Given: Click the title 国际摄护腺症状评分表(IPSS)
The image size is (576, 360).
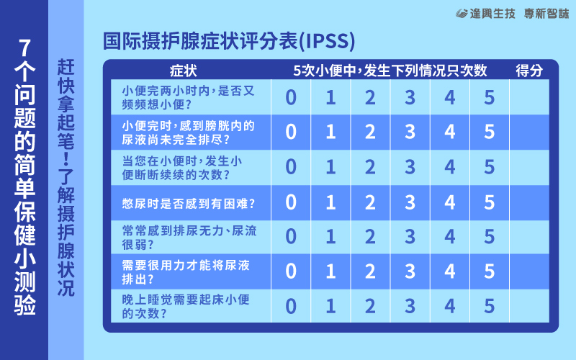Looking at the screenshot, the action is click(x=229, y=41).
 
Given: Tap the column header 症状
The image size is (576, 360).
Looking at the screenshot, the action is click(x=184, y=71).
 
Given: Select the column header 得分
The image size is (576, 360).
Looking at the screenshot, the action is click(x=529, y=70).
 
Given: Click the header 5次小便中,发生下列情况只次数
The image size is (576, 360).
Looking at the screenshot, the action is click(x=390, y=70).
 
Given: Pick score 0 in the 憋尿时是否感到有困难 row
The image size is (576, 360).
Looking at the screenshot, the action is click(x=291, y=202).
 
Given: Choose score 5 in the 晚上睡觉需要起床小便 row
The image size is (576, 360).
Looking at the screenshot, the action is click(x=490, y=306).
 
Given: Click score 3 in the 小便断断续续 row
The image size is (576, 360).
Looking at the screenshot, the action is click(x=410, y=167).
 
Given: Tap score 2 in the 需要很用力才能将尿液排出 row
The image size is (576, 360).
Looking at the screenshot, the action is click(x=370, y=271).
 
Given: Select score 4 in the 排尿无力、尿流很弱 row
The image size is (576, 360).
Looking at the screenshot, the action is click(x=449, y=237).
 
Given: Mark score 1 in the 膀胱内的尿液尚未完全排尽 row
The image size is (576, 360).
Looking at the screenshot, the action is click(x=330, y=132).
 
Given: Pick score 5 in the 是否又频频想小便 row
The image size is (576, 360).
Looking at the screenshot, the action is click(x=490, y=97).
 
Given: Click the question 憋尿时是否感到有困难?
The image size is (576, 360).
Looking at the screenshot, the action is click(x=189, y=204).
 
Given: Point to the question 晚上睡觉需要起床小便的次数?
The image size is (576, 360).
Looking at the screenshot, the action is click(x=186, y=307).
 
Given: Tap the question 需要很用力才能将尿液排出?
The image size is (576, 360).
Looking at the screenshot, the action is click(x=186, y=272).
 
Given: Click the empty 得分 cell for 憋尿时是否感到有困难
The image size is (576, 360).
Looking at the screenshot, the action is click(x=529, y=202).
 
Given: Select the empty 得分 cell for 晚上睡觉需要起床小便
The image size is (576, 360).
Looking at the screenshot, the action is click(x=529, y=305).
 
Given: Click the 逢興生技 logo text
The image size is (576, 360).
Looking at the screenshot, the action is click(x=485, y=14).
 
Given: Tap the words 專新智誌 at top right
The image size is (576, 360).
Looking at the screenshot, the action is click(x=546, y=14).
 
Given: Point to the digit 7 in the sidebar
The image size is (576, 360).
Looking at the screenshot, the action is click(x=24, y=48).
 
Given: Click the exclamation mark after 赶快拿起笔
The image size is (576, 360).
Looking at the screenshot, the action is click(x=66, y=158).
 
